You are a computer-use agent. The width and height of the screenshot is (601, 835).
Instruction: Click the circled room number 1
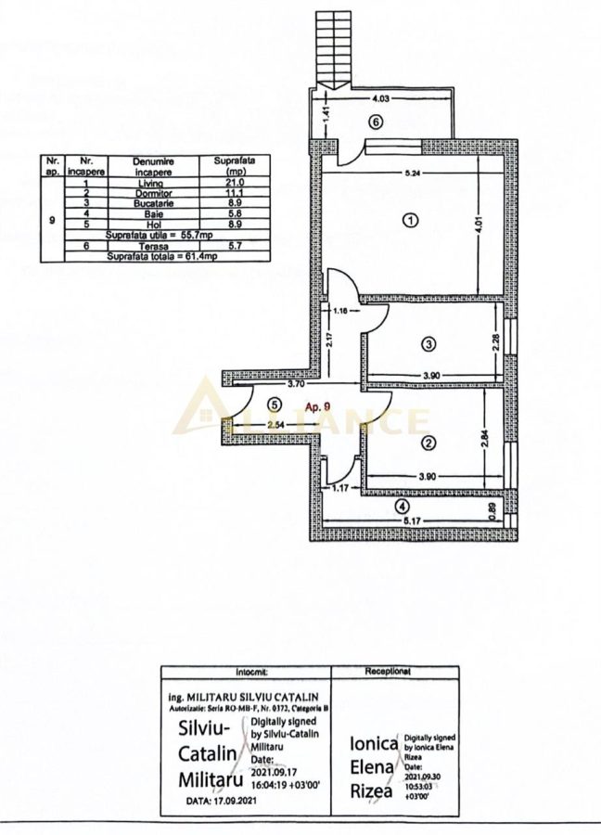409,220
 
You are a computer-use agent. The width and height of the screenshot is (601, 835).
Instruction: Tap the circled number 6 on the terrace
375,122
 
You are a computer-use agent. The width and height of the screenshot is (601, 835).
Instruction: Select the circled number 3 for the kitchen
428,344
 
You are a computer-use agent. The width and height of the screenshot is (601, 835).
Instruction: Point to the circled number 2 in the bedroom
428,443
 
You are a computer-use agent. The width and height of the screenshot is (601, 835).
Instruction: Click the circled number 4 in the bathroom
401,507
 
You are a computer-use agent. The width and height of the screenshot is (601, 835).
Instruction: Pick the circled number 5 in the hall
274,405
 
